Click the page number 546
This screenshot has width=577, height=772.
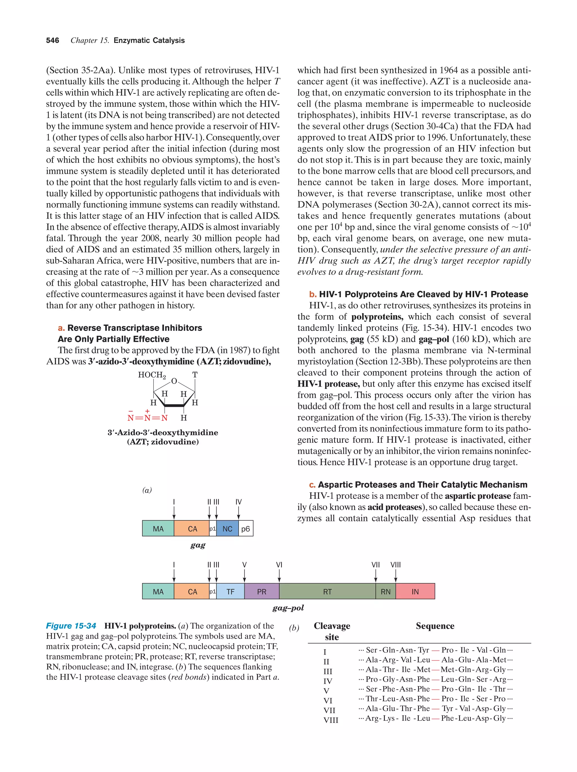point(52,41)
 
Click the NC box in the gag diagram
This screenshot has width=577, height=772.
point(227,529)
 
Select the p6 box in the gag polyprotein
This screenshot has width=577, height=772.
point(246,529)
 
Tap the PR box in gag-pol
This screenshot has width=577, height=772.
point(261,591)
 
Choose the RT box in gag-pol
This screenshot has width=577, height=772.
point(327,591)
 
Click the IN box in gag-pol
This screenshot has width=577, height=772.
point(415,591)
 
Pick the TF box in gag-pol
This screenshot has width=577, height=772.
point(230,591)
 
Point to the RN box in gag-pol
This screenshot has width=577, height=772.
point(385,591)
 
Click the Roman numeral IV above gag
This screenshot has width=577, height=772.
point(238,502)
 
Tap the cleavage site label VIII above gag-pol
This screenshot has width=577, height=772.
point(396,565)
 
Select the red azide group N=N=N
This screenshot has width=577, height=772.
point(147,418)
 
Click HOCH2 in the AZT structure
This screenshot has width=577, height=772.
point(152,375)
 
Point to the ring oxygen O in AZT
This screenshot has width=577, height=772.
point(174,381)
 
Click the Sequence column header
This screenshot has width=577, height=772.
point(435,626)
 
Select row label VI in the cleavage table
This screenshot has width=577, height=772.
point(327,700)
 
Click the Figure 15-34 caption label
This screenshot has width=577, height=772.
point(71,626)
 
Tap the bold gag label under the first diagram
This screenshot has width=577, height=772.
point(197,545)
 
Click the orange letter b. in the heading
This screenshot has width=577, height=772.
point(313,294)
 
